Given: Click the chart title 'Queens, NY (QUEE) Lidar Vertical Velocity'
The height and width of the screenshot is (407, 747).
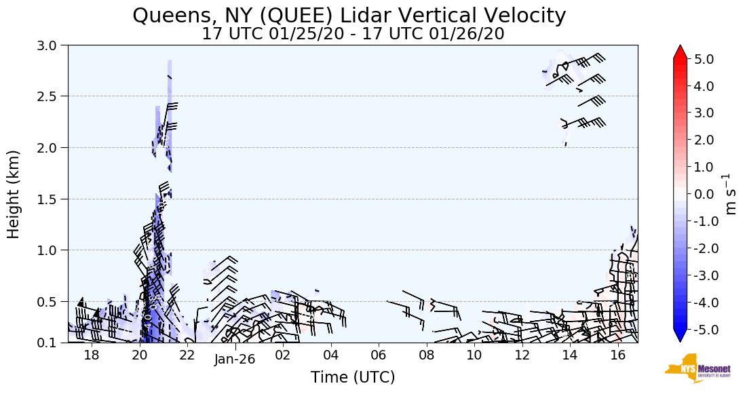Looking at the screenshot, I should (x=349, y=15).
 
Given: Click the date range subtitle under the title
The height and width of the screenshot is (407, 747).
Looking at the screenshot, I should (x=353, y=34).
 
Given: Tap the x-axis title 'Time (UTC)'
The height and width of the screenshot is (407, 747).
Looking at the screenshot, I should (x=353, y=378).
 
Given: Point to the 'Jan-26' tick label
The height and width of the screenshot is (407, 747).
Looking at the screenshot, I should (x=234, y=359).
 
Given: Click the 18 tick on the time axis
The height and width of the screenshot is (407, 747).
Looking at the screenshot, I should (x=92, y=355).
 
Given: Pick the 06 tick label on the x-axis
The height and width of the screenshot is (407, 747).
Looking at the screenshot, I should (x=379, y=355).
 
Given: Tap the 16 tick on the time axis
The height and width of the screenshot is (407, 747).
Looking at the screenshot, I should (x=617, y=355).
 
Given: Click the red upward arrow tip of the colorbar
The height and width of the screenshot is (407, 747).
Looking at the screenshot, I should (x=681, y=52).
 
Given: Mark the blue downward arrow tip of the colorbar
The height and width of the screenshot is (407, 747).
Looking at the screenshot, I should (x=681, y=337).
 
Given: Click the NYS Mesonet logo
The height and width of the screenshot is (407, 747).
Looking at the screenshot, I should (x=693, y=368).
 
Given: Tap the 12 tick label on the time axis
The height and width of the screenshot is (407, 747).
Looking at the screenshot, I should (x=522, y=355).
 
